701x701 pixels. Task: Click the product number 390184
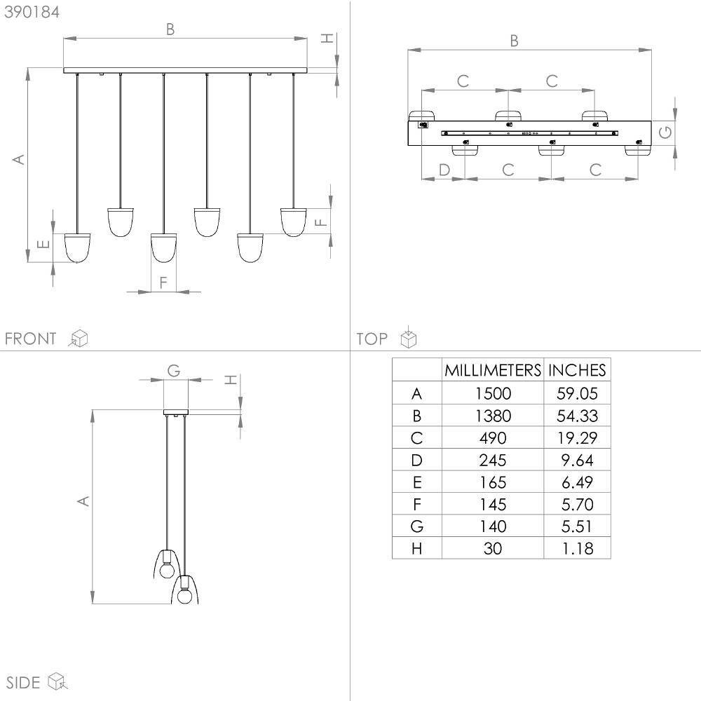[x=32, y=12]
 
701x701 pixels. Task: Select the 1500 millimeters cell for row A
[x=493, y=393]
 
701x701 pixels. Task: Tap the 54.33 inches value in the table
[x=577, y=416]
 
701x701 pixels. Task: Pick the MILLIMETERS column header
[x=493, y=370]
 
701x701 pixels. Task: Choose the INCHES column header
[x=577, y=370]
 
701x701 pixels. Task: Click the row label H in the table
[x=416, y=549]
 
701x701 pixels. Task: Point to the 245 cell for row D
[x=493, y=460]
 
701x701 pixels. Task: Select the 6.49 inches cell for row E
[x=577, y=482]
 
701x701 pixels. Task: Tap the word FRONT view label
[x=31, y=339]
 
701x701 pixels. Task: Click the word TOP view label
[x=372, y=339]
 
